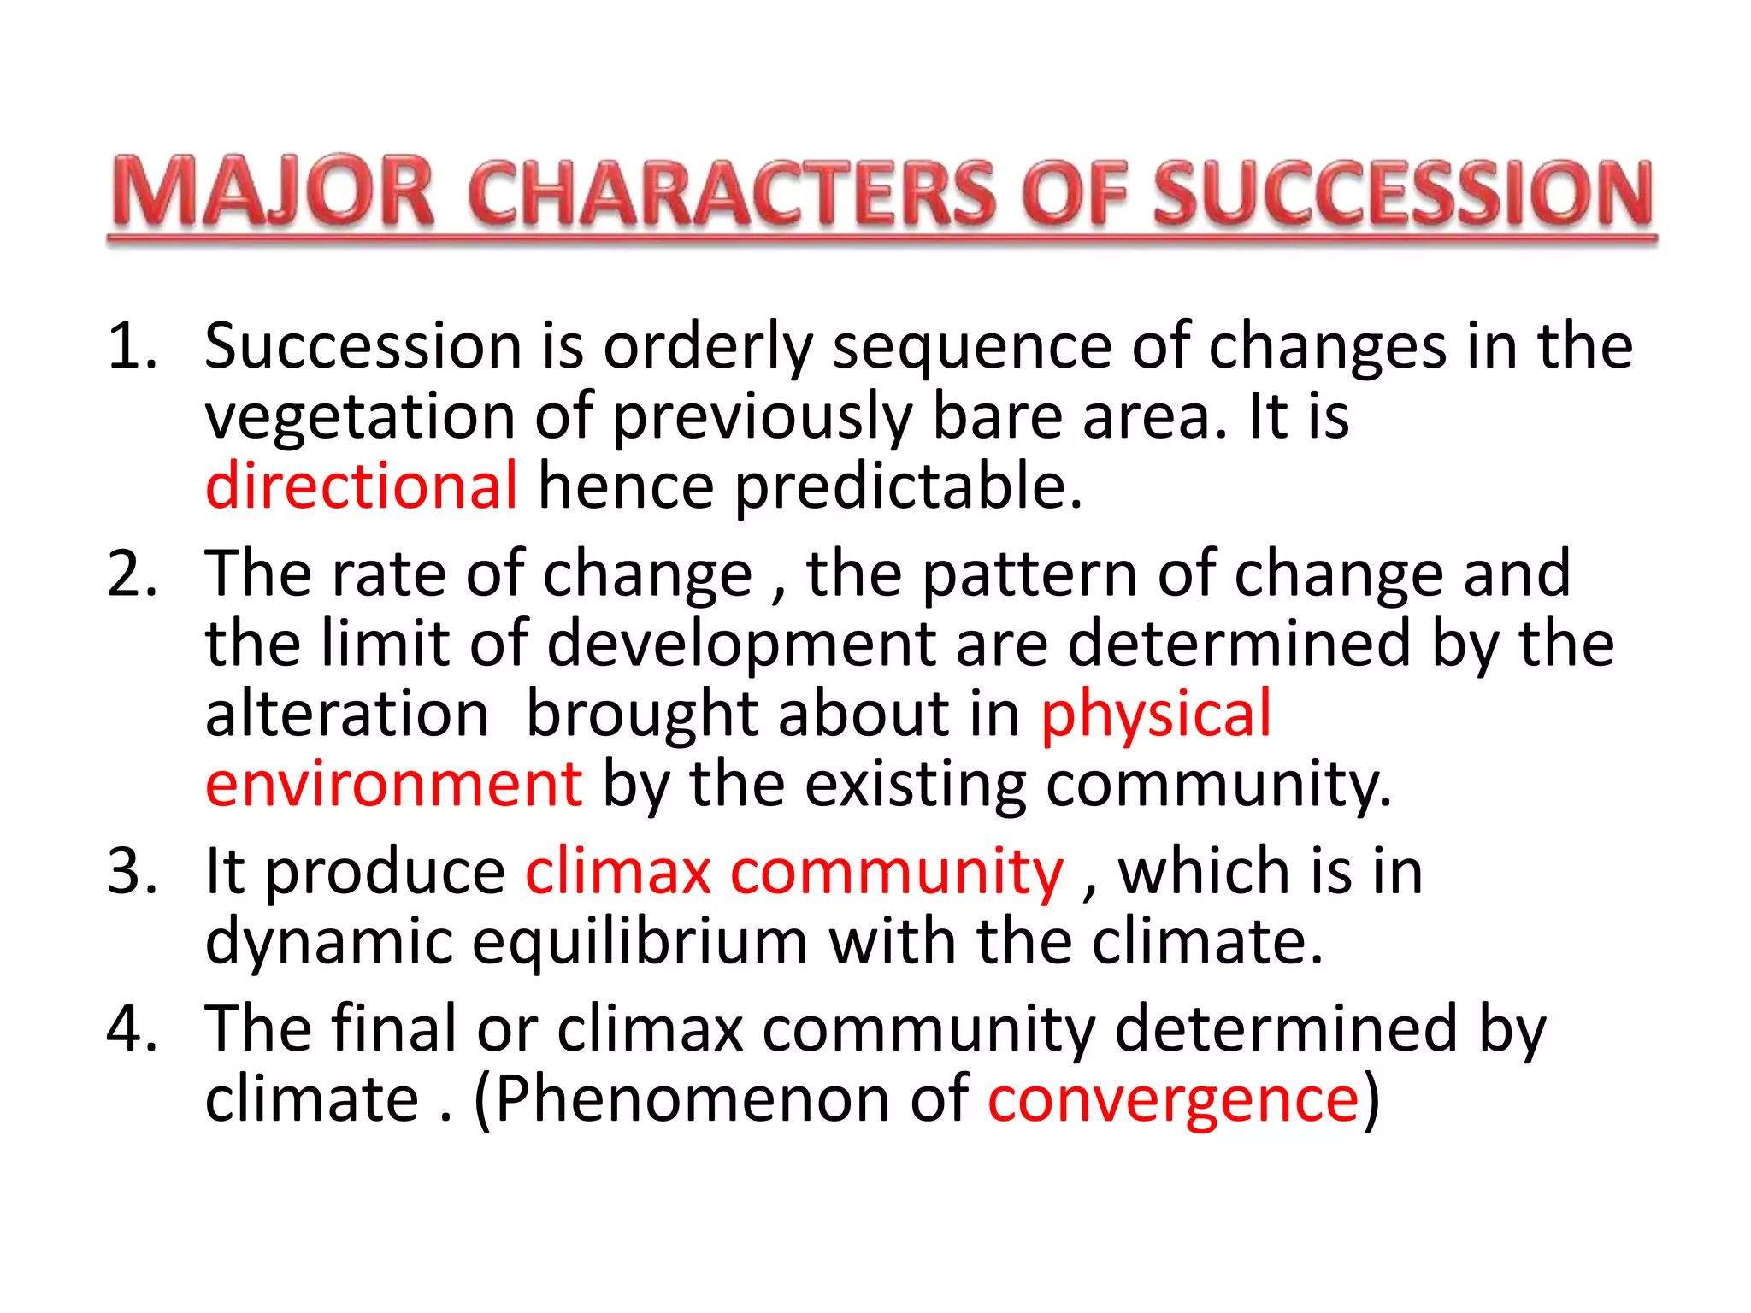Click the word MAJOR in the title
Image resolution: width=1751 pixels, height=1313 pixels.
pyautogui.click(x=274, y=193)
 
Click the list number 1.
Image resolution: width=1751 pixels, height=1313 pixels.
pyautogui.click(x=133, y=346)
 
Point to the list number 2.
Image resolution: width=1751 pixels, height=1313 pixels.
pyautogui.click(x=133, y=574)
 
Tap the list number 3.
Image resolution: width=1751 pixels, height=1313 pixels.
pyautogui.click(x=133, y=872)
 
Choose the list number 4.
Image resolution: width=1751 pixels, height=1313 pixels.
pyautogui.click(x=133, y=1028)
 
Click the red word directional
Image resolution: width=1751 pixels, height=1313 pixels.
pyautogui.click(x=361, y=486)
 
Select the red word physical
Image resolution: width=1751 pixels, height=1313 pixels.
pyautogui.click(x=1156, y=714)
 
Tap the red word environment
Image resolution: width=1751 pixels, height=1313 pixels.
pyautogui.click(x=393, y=784)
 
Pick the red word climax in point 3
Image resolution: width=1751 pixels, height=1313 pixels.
pyautogui.click(x=617, y=872)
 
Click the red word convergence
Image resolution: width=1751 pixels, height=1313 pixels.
pyautogui.click(x=1173, y=1099)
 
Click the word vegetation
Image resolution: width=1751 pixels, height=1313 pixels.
pyautogui.click(x=359, y=417)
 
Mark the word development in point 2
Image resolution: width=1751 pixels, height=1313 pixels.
pyautogui.click(x=740, y=644)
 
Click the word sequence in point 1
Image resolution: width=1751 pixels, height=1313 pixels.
pyautogui.click(x=972, y=348)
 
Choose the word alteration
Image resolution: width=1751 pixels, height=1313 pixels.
pyautogui.click(x=346, y=714)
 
